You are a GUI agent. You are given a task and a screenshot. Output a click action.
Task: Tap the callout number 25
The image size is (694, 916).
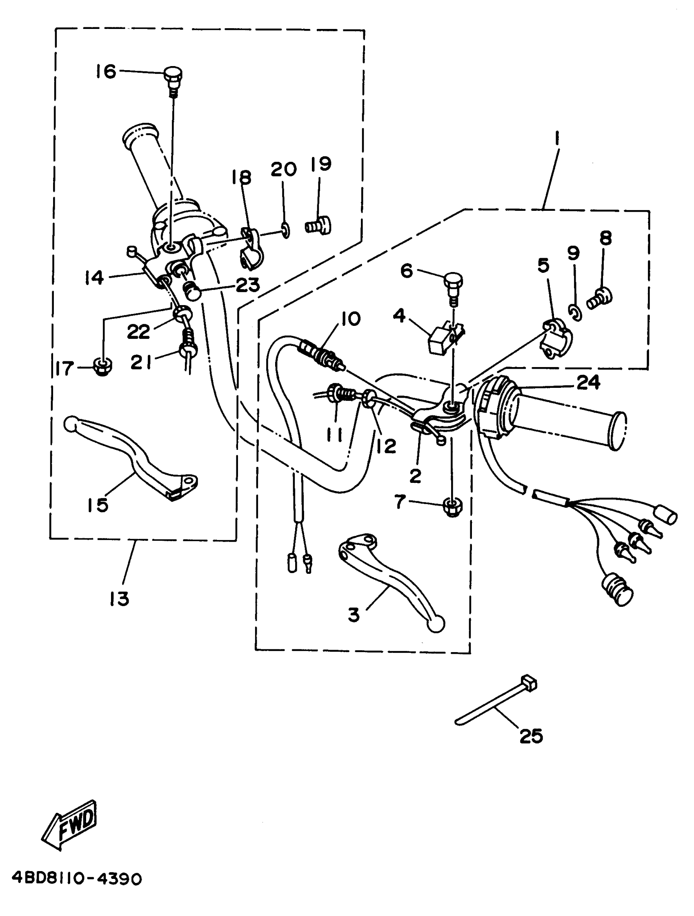tap(531, 736)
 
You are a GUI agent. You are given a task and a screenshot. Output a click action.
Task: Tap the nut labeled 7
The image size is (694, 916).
tap(452, 507)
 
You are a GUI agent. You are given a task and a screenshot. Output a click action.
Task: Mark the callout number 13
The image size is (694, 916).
tap(119, 599)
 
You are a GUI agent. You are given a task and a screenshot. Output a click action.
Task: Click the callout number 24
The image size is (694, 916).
tap(588, 382)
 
